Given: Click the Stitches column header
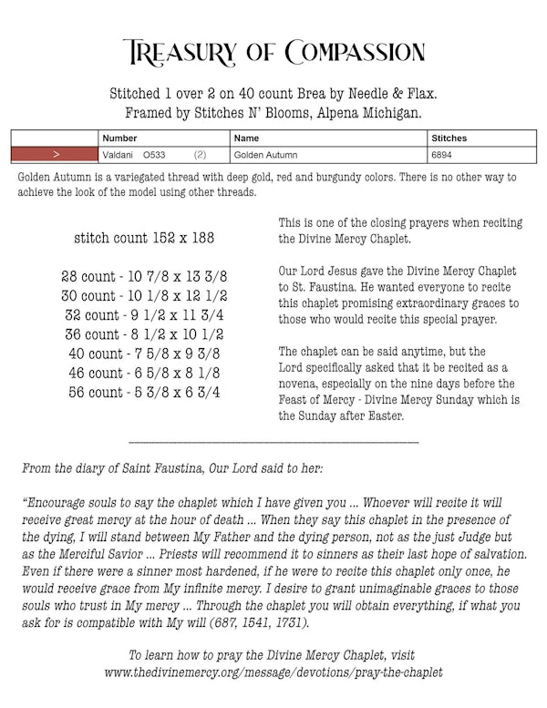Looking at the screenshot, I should tap(449, 139).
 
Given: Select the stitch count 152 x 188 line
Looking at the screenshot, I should tap(144, 238).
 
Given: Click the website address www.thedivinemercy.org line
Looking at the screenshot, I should tap(273, 672).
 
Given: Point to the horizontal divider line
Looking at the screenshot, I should tap(273, 443).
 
